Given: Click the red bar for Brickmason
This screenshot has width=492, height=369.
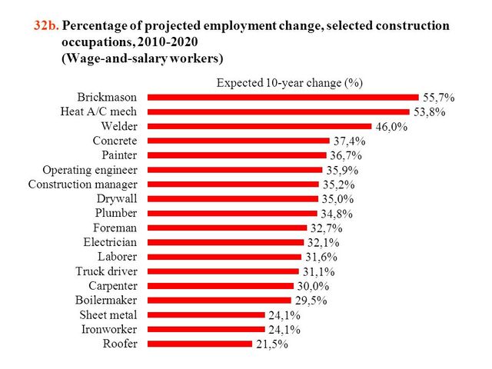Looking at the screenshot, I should pyautogui.click(x=283, y=98).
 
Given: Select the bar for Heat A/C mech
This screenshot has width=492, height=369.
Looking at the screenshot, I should pyautogui.click(x=278, y=112).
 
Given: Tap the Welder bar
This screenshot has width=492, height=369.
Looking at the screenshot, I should pyautogui.click(x=259, y=127).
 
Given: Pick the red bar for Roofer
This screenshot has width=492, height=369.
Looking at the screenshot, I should pyautogui.click(x=199, y=344).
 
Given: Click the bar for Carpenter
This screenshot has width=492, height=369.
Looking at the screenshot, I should pyautogui.click(x=220, y=286).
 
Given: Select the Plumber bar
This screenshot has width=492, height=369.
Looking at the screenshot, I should pyautogui.click(x=231, y=214).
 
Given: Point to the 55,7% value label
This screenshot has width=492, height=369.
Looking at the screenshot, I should pyautogui.click(x=439, y=98).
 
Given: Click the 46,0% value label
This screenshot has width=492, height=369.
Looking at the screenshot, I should pyautogui.click(x=391, y=127).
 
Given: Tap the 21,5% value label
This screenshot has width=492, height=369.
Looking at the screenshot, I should pyautogui.click(x=271, y=344).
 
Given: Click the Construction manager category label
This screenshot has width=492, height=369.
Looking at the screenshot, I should pyautogui.click(x=82, y=184).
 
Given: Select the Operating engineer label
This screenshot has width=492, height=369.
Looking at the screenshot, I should pyautogui.click(x=90, y=170).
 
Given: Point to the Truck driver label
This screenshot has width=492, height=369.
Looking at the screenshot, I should pyautogui.click(x=106, y=271).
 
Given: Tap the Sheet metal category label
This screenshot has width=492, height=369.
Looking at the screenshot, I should pyautogui.click(x=108, y=315).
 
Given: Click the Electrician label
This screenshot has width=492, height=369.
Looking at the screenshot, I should pyautogui.click(x=109, y=242).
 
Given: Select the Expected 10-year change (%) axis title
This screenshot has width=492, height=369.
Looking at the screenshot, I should pyautogui.click(x=289, y=82).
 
